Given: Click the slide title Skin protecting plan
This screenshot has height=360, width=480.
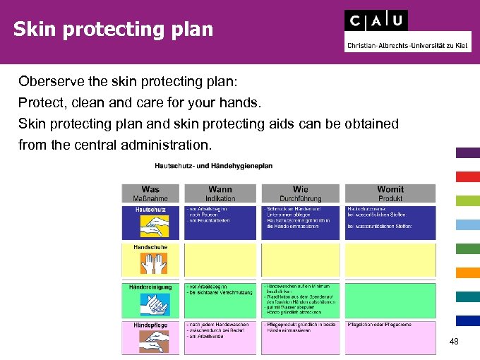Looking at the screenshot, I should point(112,30).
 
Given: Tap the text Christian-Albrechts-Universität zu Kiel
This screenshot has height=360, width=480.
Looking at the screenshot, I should point(407,45).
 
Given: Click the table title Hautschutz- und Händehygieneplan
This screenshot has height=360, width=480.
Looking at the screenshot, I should point(213,166).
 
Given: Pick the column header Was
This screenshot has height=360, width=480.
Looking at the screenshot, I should point(150,189).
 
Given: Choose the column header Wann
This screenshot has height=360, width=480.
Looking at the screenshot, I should point(220,189).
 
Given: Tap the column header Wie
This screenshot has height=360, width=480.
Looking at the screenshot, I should point(300,189).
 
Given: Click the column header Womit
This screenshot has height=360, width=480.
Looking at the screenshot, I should point(390,189).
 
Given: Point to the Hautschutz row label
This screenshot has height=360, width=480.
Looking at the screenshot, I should point(150,210).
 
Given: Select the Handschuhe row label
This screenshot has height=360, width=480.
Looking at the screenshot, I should point(150,248).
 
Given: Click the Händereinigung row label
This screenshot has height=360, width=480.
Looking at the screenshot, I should point(150,287).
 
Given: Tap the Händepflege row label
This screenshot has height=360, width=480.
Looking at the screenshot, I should point(150,325).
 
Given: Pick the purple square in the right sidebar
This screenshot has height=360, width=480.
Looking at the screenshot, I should point(467,152).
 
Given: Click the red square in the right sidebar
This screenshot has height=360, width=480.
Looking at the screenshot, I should point(467,176).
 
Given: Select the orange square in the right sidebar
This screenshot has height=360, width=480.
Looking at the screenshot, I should point(467,272).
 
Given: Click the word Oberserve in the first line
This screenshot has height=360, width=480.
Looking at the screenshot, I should point(49,81).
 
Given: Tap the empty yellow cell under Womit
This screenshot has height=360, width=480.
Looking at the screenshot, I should point(390,260).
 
